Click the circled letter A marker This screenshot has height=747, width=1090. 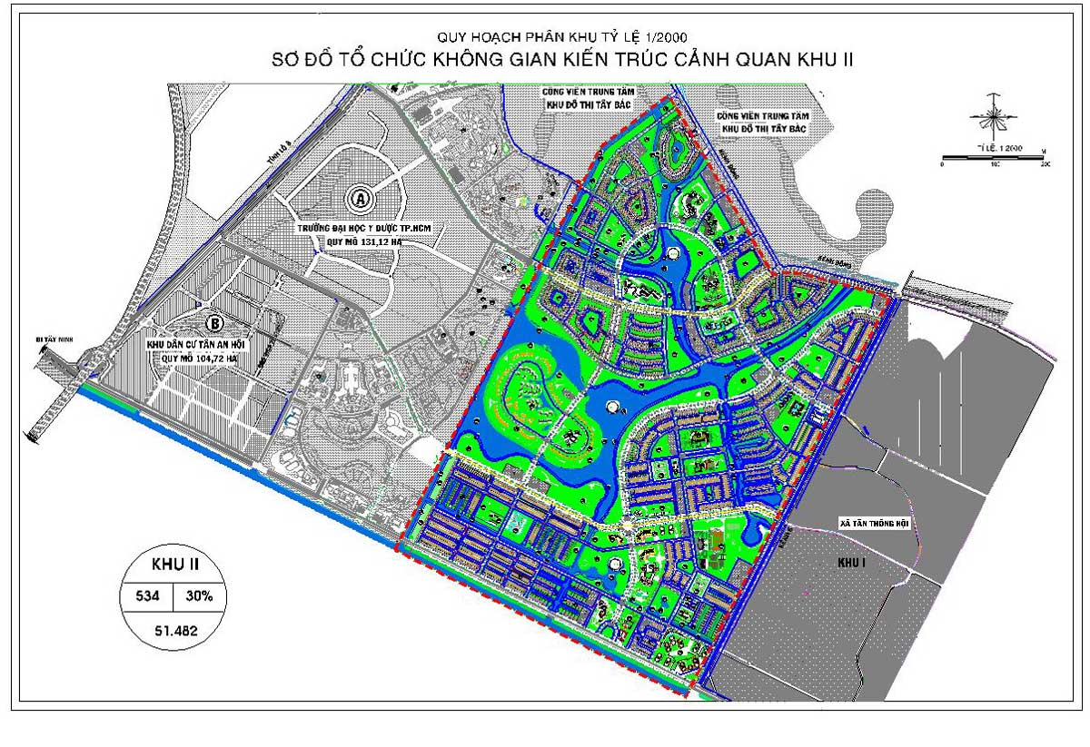coord(360,197)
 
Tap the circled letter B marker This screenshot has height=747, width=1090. coord(215,322)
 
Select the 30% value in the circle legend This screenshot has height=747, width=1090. coord(200,596)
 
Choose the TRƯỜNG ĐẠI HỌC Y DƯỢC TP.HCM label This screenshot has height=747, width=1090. coord(360,228)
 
